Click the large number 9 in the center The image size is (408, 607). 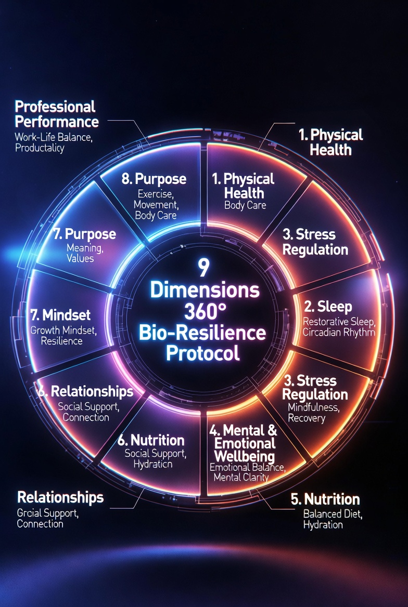(x=203, y=268)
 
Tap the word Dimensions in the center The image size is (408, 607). (x=204, y=291)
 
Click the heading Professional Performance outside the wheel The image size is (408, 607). (x=56, y=114)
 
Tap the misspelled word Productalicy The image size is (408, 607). (x=40, y=148)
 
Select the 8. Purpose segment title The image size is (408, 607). (x=154, y=179)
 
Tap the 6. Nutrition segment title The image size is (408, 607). (x=151, y=440)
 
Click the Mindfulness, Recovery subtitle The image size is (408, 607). (x=314, y=413)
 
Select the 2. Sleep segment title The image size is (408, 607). (x=328, y=306)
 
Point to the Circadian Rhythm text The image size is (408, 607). (x=339, y=332)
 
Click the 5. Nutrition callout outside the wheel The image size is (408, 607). (x=325, y=499)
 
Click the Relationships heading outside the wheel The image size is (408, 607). (x=60, y=497)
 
